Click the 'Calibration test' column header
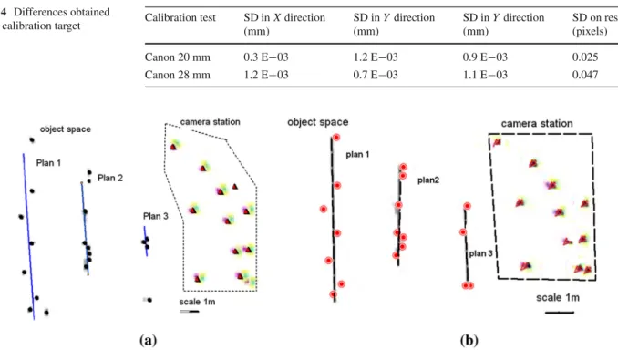click(x=180, y=17)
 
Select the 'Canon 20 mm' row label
click(x=178, y=57)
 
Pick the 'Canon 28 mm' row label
click(x=178, y=75)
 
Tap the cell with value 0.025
click(x=585, y=57)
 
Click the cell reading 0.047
click(x=585, y=75)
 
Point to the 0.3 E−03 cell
click(x=266, y=57)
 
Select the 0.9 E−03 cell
click(x=485, y=57)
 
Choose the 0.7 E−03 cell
click(x=376, y=75)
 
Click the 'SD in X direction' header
click(x=284, y=25)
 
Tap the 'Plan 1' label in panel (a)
click(x=48, y=163)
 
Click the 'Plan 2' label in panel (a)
click(x=110, y=178)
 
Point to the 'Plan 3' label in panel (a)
click(x=156, y=216)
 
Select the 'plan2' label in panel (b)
click(x=428, y=180)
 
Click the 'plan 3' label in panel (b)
click(x=481, y=253)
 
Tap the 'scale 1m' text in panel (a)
click(x=197, y=302)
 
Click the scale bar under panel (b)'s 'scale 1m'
click(x=560, y=313)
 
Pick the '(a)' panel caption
click(x=149, y=340)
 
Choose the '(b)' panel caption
click(x=469, y=340)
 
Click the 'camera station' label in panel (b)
click(x=537, y=124)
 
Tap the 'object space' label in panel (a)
click(x=66, y=129)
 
